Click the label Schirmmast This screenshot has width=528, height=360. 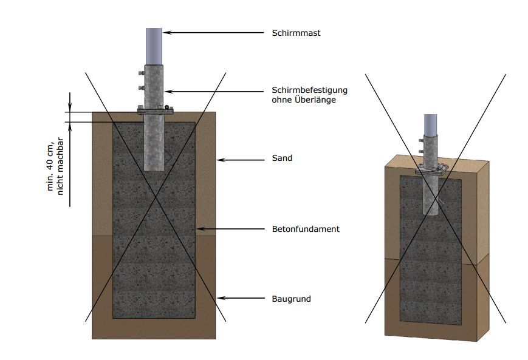tap(296, 33)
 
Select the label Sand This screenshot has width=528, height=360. tap(282, 158)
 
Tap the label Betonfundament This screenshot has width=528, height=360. tap(305, 229)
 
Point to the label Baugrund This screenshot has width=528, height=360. tap(291, 299)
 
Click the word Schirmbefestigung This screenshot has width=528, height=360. tap(309, 90)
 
